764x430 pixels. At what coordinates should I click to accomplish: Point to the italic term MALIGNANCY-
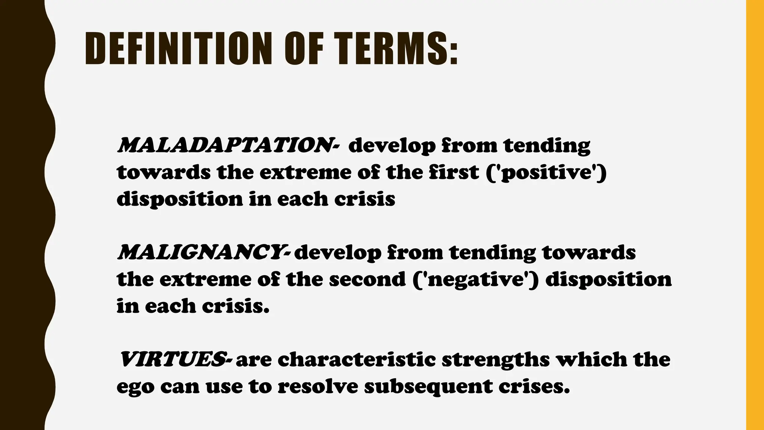pos(203,252)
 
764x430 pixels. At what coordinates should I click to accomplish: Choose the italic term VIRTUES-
pos(175,359)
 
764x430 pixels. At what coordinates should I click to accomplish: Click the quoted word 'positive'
pos(547,172)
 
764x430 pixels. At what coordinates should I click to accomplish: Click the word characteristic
pos(356,359)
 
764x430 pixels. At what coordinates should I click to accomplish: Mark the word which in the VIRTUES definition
pos(591,359)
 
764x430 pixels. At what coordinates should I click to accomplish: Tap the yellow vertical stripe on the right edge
pos(755,215)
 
